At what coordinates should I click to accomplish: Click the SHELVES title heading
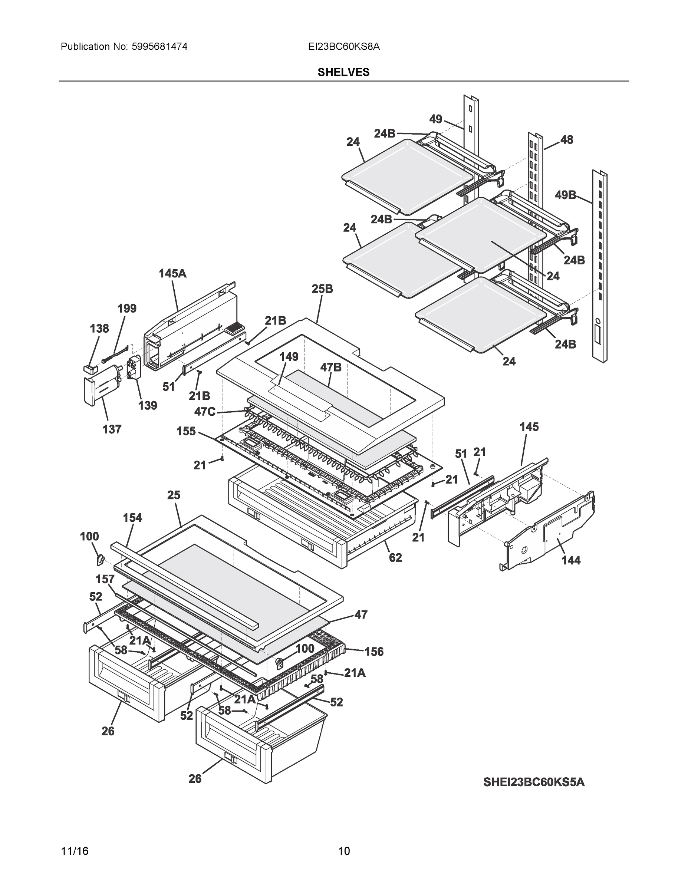click(x=343, y=72)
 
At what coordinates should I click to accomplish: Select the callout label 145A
click(x=172, y=273)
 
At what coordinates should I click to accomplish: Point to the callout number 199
click(x=127, y=309)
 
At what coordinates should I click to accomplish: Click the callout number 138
click(x=99, y=329)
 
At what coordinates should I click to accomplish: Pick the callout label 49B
click(x=565, y=195)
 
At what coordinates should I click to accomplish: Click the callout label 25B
click(x=322, y=289)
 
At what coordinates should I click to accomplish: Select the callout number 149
click(x=289, y=357)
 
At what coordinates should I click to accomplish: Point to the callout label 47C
click(x=205, y=412)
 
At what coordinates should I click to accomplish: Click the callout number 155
click(x=186, y=431)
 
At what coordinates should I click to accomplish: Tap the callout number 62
click(x=395, y=557)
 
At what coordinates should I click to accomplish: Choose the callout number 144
click(x=571, y=561)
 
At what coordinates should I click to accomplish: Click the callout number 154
click(x=132, y=518)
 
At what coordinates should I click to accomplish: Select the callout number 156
click(x=374, y=652)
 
